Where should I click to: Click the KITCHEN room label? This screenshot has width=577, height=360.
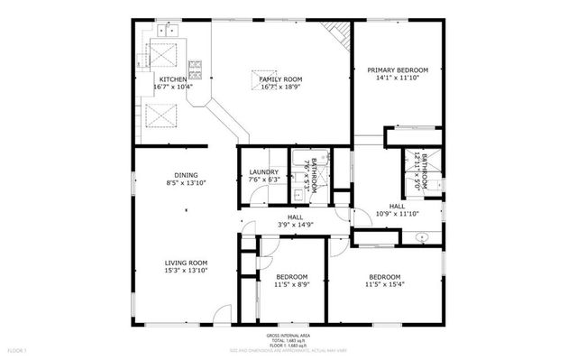coord(173,79)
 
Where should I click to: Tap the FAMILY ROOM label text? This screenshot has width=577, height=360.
coord(280,79)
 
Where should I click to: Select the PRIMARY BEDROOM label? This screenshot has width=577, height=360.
coord(398,70)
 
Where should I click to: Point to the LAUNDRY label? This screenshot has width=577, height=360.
coord(262,171)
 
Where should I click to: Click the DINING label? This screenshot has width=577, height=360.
coord(187,175)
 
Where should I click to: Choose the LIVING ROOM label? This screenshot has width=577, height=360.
coord(187,263)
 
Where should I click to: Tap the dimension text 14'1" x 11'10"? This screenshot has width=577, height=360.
coord(398,78)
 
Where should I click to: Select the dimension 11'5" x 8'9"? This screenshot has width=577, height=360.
coord(292,285)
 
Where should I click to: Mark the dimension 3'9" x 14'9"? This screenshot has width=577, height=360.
coord(295,225)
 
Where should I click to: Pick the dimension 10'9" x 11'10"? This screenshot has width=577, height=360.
coord(398,214)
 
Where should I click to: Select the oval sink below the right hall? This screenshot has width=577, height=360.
coord(421,237)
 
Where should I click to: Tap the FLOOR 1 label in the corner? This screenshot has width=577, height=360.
coord(17,349)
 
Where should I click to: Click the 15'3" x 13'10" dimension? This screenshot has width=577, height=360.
coord(187,271)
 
